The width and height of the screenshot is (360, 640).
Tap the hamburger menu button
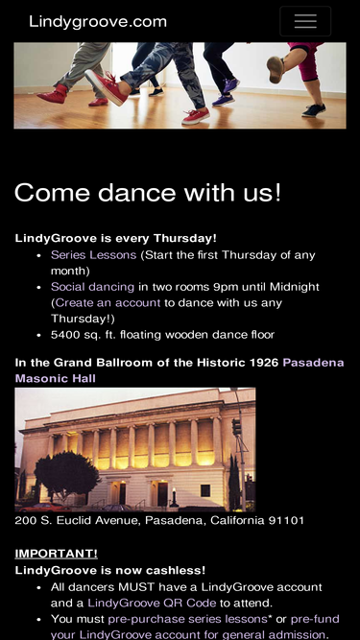[305, 21]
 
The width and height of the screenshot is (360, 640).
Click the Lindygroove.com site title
[98, 22]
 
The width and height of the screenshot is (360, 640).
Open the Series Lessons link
[93, 255]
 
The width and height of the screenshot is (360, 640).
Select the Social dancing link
[92, 287]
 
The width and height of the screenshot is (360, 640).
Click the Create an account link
[108, 303]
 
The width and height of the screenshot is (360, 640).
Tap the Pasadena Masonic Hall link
[180, 370]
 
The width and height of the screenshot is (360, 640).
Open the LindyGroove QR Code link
[152, 603]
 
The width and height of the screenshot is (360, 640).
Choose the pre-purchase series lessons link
[187, 619]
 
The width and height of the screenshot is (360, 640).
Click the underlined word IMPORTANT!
[57, 554]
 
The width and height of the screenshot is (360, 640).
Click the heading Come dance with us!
[148, 192]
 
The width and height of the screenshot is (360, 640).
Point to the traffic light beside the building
[237, 427]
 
